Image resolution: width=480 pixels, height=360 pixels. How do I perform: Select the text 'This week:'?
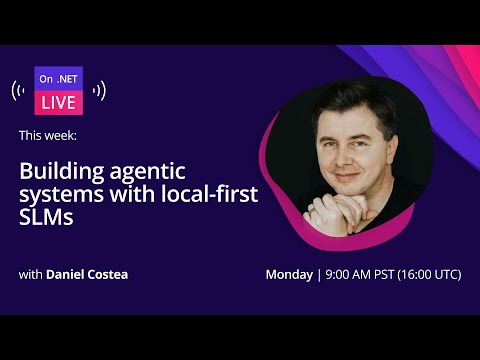tap(47, 133)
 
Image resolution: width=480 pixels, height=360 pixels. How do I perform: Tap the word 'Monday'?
tap(289, 274)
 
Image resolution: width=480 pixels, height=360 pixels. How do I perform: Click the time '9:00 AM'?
tap(350, 274)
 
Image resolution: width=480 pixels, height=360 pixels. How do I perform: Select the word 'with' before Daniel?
tap(30, 274)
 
